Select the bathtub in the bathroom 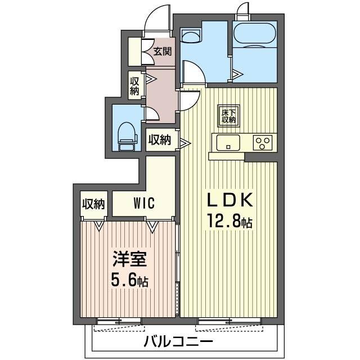[254, 37]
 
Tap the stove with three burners [262, 142]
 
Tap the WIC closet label [144, 203]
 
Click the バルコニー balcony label [178, 342]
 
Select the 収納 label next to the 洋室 [93, 204]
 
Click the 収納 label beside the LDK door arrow [159, 139]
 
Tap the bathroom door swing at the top [243, 11]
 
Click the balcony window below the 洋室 [119, 322]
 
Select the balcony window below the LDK [229, 322]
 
